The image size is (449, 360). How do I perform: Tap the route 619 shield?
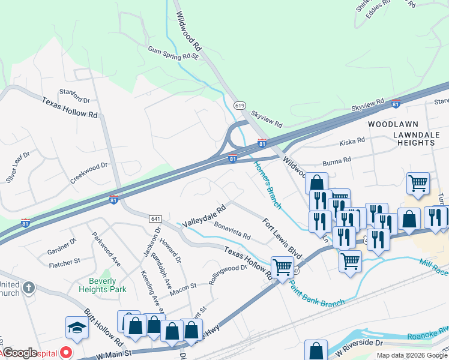tap(240, 106)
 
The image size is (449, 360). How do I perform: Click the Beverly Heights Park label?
tap(102, 285)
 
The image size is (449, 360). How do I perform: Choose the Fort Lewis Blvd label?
tap(282, 238)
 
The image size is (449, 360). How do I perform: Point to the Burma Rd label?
tap(338, 161)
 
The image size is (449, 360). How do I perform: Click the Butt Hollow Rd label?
tap(103, 328)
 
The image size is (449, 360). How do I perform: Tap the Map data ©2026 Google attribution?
tap(411, 355)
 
